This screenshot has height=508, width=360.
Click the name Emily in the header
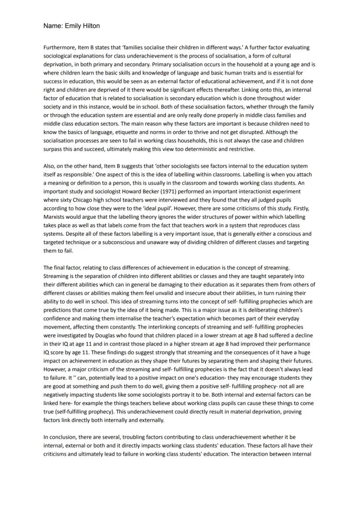coord(73,26)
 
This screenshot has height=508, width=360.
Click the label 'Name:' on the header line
coord(53,26)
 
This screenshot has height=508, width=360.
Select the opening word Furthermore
coord(59,47)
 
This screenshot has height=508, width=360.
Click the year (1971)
coord(172,191)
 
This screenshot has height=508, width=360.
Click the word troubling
coord(136,437)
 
